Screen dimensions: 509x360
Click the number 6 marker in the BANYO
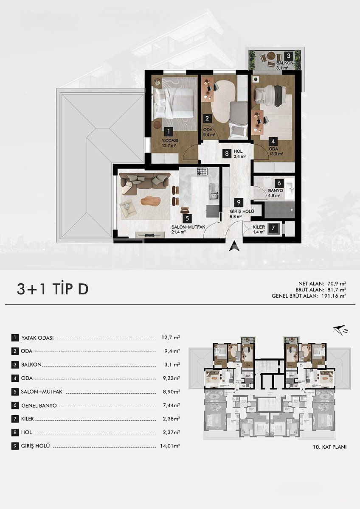coord(278,183)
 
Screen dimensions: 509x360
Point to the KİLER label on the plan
coord(259,227)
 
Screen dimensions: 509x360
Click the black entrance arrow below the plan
coord(233,246)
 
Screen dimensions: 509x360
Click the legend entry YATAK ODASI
coord(37,338)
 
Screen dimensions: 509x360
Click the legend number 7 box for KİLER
coord(15,419)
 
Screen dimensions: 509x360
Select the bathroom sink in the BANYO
coord(290,187)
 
